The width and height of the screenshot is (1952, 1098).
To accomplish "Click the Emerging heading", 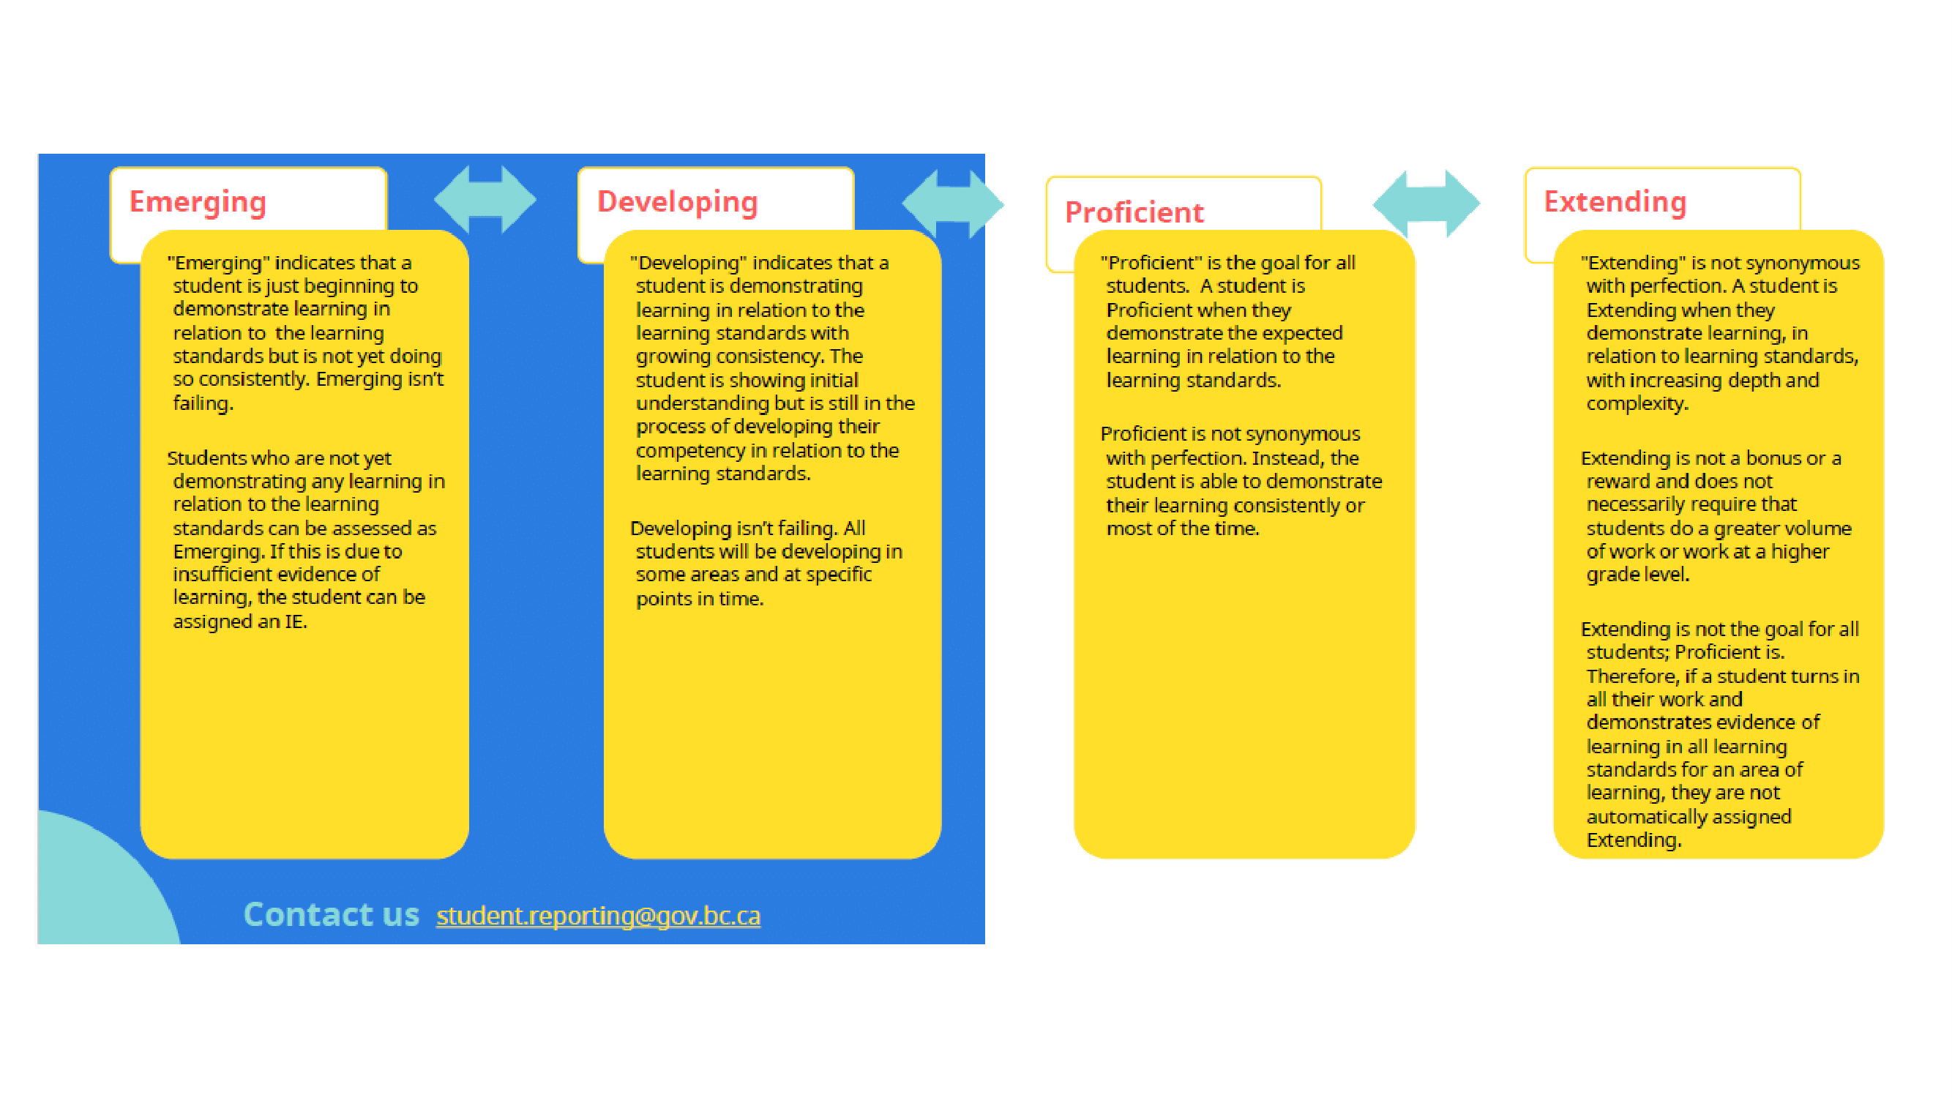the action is (198, 202).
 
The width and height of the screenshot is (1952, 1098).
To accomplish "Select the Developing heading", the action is (678, 202).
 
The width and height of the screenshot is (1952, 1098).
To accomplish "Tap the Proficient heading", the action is (1134, 212).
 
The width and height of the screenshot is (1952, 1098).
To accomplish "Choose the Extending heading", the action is (1615, 202).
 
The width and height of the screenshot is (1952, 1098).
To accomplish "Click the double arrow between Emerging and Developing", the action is (485, 200).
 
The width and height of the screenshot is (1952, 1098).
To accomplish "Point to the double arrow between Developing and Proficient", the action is (953, 203).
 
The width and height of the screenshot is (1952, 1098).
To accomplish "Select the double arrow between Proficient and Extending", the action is (1426, 203).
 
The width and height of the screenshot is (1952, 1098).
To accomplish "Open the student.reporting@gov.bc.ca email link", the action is (599, 916).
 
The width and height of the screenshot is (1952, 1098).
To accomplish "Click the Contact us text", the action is (331, 914).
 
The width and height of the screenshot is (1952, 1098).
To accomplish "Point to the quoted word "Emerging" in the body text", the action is (219, 263).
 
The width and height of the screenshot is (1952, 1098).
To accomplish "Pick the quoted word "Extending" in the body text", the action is (1634, 263).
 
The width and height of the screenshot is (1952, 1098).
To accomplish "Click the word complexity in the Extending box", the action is (1637, 404).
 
